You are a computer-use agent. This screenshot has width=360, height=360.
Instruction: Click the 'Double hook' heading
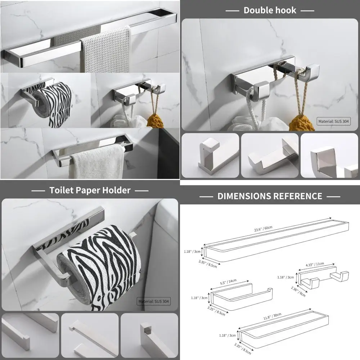point(270,10)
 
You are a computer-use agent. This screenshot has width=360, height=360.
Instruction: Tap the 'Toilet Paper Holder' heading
point(90,190)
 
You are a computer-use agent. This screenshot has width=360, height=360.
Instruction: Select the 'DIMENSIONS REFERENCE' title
point(270,196)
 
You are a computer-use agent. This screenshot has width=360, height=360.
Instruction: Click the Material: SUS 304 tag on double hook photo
point(334,122)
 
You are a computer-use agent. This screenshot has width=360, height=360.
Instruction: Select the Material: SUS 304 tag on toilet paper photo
point(154,301)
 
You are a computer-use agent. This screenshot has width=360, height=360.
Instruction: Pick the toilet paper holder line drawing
point(241,297)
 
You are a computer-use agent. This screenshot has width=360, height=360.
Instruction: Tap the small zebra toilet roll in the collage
point(54,104)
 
